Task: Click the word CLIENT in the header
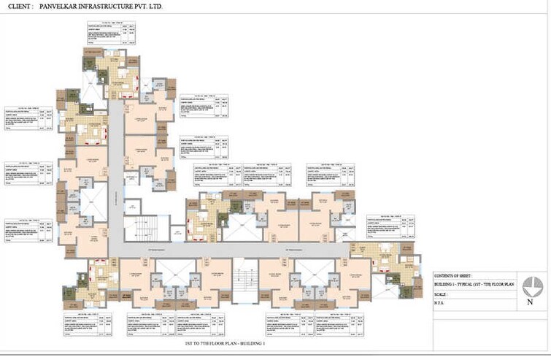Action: coord(20,7)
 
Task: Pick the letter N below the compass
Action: coord(531,302)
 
